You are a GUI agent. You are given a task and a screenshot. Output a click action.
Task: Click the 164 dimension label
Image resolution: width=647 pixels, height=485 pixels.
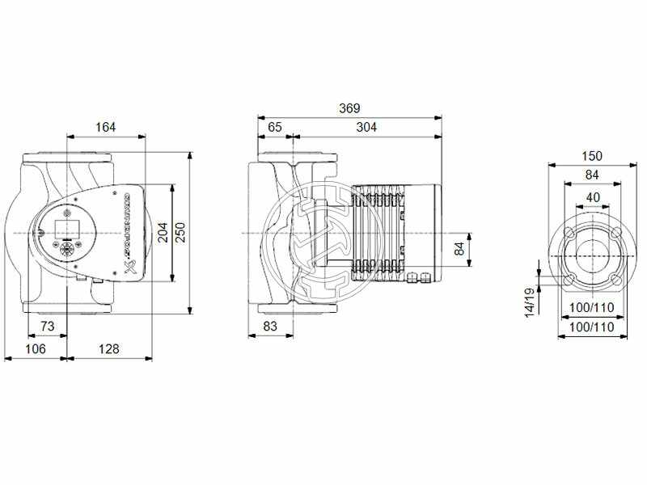[x=106, y=126]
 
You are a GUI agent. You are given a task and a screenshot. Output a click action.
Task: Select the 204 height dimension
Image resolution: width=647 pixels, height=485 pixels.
[x=163, y=233]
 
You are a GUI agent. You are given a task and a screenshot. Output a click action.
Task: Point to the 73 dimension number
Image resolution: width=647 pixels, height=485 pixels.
[x=48, y=326]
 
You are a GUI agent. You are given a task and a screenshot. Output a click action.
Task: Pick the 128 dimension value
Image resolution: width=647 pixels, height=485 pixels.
[x=108, y=348]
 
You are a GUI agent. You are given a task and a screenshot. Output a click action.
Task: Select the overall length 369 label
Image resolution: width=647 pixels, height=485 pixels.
[x=349, y=108]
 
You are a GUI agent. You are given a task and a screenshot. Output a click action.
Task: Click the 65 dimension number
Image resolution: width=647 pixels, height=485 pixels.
[x=275, y=126]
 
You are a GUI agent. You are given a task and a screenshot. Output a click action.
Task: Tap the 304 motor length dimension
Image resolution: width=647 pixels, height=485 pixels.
[x=366, y=126]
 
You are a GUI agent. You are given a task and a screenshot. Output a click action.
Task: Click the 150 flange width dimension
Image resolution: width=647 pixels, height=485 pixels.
[x=593, y=156]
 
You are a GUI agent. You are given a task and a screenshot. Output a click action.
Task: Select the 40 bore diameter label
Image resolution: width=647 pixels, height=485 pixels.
[x=593, y=197]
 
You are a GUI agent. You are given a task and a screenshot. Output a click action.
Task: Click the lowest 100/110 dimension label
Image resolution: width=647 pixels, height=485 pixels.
[x=593, y=327]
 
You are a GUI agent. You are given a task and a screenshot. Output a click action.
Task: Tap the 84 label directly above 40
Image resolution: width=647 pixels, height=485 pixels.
[x=593, y=175]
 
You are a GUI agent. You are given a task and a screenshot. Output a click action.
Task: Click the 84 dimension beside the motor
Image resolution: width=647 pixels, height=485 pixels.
[x=460, y=250]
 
